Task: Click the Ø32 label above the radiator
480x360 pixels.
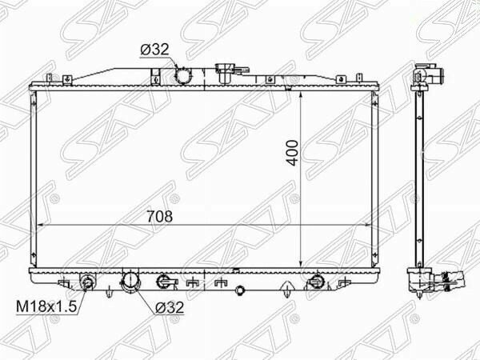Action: coord(154,50)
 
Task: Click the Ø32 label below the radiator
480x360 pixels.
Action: coord(170,308)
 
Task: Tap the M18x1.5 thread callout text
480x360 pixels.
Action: coord(46,306)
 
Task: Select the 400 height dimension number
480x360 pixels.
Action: coord(292,153)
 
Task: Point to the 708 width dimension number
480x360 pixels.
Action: coord(160,217)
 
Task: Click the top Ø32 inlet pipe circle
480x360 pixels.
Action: coord(182,75)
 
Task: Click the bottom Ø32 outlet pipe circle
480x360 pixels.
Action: coord(130,280)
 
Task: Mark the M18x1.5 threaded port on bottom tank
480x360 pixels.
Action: coord(87,281)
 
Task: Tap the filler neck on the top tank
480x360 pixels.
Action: coord(226,73)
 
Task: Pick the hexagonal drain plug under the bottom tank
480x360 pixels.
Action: coord(240,290)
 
